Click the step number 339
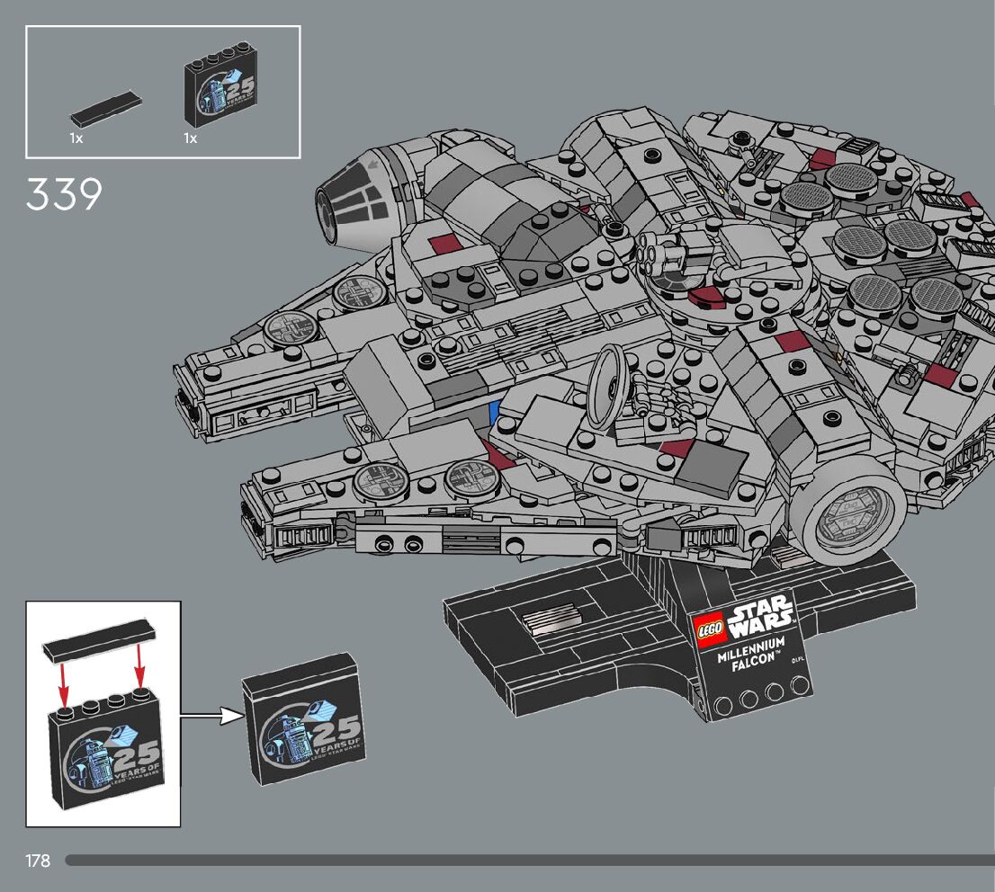(x=64, y=194)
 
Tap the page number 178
(x=38, y=861)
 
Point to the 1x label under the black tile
(x=76, y=139)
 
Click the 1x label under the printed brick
(x=190, y=139)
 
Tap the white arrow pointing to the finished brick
(x=212, y=717)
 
